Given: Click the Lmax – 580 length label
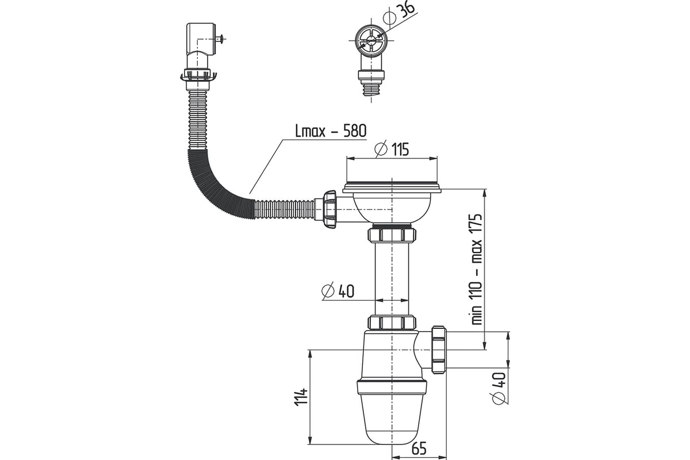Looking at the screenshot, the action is [331, 131].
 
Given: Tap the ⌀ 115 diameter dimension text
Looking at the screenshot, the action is [392, 149].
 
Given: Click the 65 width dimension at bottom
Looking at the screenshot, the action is [419, 448].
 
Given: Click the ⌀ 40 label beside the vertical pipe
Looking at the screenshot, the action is [338, 291].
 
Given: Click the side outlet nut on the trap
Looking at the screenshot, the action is [439, 350].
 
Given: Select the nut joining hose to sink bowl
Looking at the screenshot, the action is [329, 209].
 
